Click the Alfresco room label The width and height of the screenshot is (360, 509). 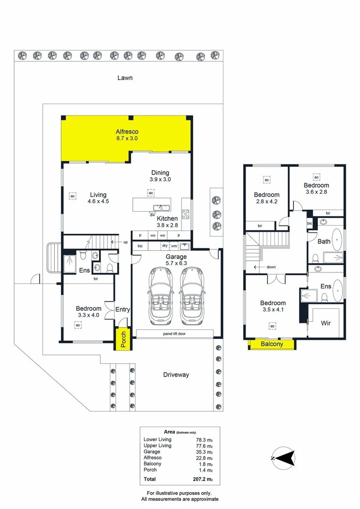[x=127, y=131]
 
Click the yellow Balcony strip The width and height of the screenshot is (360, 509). [x=272, y=344]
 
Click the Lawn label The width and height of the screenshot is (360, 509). [x=125, y=78]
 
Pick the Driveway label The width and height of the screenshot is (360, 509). [x=176, y=375]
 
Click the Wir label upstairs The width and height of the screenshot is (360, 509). [x=325, y=323]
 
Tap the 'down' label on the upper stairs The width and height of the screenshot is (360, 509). [x=270, y=267]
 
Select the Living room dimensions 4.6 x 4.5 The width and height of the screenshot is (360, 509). [x=98, y=201]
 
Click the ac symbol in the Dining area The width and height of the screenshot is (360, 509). [x=151, y=193]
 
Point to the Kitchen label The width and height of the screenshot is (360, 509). [x=167, y=218]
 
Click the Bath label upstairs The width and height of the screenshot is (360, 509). [x=324, y=241]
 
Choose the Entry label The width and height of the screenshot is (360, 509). [x=123, y=310]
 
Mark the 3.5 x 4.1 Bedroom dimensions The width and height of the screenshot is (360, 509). [x=273, y=310]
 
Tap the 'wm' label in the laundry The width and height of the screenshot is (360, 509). [x=174, y=246]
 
